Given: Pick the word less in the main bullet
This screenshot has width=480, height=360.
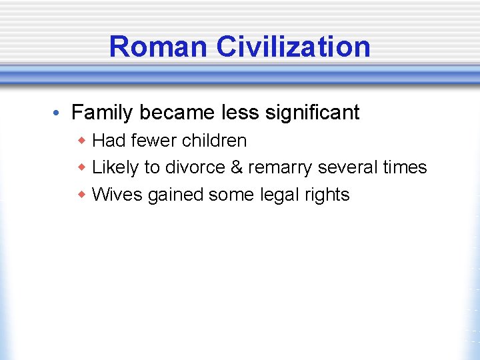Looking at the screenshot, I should coord(239,112).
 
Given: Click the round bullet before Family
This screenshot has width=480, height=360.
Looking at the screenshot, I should coord(59,113).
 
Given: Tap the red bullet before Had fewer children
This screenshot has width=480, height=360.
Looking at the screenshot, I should coord(82,141).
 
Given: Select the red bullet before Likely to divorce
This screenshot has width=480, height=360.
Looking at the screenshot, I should coord(82,167).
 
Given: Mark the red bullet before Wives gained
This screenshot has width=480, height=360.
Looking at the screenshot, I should coord(82,195).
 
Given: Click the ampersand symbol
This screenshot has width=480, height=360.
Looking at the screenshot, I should coord(236,167).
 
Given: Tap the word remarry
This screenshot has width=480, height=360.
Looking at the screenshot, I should coord(280,168).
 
